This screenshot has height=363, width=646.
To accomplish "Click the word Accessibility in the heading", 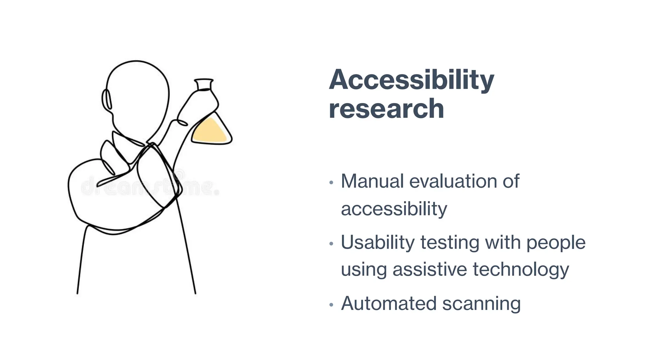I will tap(411, 80).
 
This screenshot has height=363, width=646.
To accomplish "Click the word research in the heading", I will tap(386, 109).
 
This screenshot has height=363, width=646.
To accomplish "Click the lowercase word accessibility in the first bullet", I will tap(394, 209).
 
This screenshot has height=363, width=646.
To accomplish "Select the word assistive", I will tap(430, 270).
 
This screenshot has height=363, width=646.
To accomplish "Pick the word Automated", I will tap(389, 303).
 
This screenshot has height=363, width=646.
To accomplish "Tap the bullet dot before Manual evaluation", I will tap(331, 183).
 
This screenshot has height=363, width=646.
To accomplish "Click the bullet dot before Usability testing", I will tap(331, 244).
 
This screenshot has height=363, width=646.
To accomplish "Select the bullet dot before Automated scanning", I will tap(331, 305).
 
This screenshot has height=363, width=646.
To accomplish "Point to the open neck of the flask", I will tap(204, 84).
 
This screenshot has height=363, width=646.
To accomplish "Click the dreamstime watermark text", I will tap(150, 187).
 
